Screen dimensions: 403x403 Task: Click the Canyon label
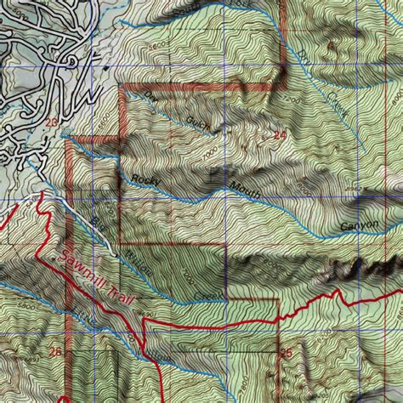359,226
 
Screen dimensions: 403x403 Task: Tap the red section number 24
280,134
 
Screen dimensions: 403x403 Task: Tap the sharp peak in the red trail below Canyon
340,292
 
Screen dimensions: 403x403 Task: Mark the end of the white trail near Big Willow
116,253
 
